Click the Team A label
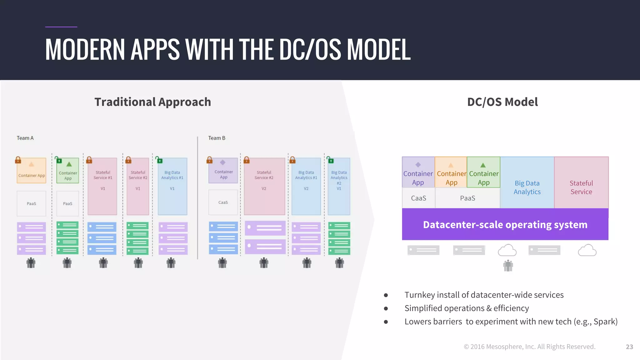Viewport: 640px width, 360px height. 25,138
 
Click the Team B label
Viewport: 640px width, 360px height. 217,138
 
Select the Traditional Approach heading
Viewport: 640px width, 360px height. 152,102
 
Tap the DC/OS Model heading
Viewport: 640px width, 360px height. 502,102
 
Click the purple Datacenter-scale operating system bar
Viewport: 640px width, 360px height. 505,224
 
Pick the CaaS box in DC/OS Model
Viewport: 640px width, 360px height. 418,198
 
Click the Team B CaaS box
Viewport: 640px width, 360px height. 223,202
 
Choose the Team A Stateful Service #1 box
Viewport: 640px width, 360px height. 102,186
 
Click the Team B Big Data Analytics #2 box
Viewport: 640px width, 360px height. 339,186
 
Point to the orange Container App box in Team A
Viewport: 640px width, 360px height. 31,171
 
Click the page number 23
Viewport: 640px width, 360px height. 629,347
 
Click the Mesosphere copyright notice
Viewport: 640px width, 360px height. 529,347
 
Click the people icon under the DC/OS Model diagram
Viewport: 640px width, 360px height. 508,266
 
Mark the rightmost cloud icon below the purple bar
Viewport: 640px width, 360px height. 587,250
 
